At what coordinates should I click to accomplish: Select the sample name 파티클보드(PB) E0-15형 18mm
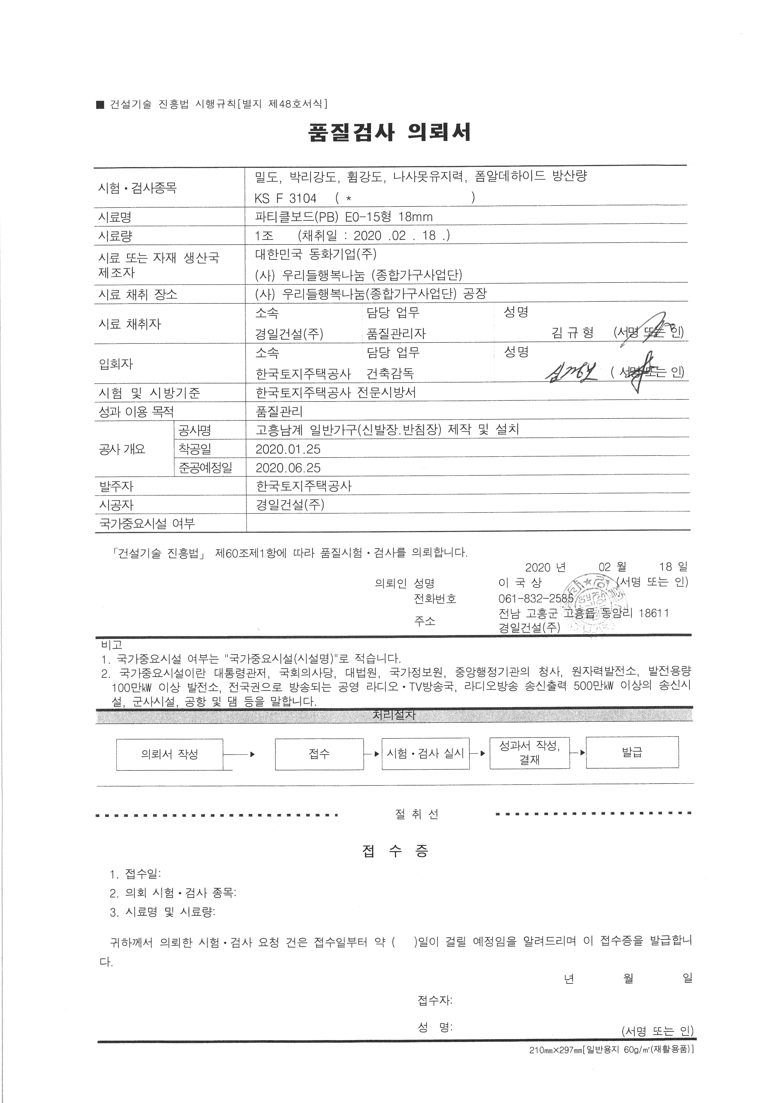[x=344, y=217]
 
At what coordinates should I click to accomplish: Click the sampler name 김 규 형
[x=573, y=332]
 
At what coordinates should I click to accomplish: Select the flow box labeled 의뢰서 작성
[x=170, y=754]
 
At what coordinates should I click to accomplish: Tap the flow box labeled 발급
[x=632, y=752]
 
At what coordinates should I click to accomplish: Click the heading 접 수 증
[x=395, y=852]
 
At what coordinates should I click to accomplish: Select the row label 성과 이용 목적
[x=136, y=412]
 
